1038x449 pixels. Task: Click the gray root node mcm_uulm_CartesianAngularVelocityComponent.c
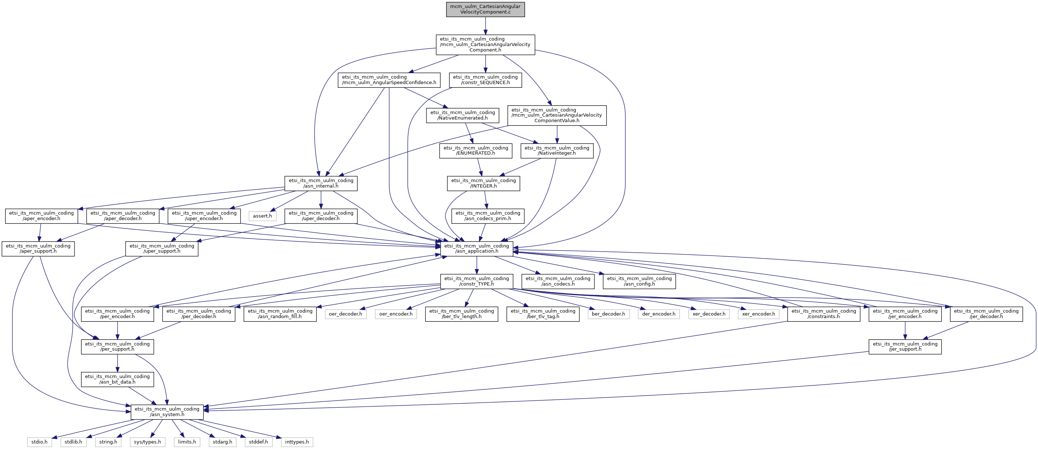click(x=485, y=9)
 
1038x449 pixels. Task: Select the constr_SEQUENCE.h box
click(x=485, y=80)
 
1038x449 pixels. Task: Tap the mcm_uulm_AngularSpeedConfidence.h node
click(x=389, y=80)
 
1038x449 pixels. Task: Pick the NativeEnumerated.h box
click(x=462, y=116)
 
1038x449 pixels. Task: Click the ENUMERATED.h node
click(x=475, y=151)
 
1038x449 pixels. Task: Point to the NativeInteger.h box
click(x=556, y=151)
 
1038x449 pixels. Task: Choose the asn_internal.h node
click(x=321, y=183)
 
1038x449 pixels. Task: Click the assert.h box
click(x=262, y=216)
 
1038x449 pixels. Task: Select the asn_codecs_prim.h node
click(x=487, y=216)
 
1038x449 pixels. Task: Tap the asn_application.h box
click(x=476, y=249)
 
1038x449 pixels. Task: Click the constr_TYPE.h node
click(x=476, y=281)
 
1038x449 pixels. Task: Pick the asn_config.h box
click(x=639, y=281)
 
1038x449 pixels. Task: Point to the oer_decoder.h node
click(x=345, y=314)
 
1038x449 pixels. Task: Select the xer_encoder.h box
click(x=758, y=314)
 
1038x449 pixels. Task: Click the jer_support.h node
click(x=905, y=347)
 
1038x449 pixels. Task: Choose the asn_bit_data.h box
click(x=117, y=379)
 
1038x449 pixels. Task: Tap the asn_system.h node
click(x=167, y=412)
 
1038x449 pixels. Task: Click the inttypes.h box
click(x=296, y=442)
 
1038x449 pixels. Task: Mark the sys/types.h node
click(x=148, y=442)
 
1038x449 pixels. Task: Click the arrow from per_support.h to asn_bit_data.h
click(x=117, y=363)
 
